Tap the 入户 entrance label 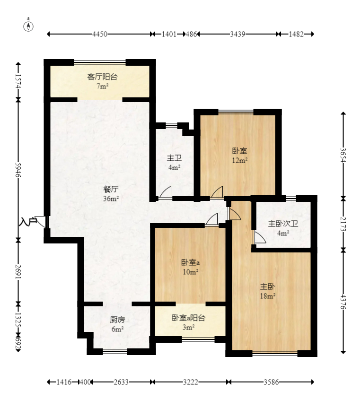tap(27, 222)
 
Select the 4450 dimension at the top tap(100, 34)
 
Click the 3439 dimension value tap(238, 34)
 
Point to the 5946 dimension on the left tap(18, 170)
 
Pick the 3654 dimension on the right tap(343, 155)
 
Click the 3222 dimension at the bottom tap(191, 382)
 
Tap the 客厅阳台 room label tap(103, 77)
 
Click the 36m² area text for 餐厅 tap(111, 199)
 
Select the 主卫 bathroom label tap(174, 158)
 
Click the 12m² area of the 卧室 tap(240, 160)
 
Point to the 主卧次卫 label tap(283, 224)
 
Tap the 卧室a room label tap(190, 262)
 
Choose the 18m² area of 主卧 tap(268, 296)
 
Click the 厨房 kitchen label tap(117, 320)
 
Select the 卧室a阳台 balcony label tap(188, 318)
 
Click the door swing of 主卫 tap(166, 192)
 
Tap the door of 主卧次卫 tap(260, 237)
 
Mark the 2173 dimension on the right tap(343, 224)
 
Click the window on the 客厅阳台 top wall tap(100, 62)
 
